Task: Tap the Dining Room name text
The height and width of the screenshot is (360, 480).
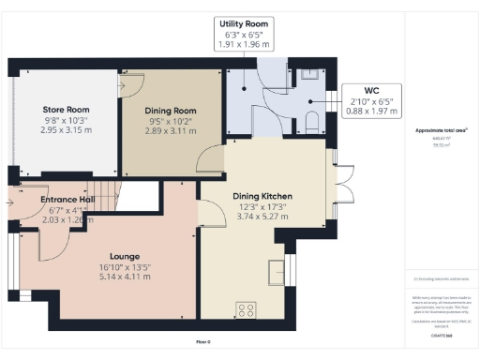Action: (x=174, y=110)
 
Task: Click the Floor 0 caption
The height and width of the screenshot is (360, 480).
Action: (x=202, y=343)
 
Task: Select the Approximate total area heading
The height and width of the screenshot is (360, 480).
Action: (x=441, y=129)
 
